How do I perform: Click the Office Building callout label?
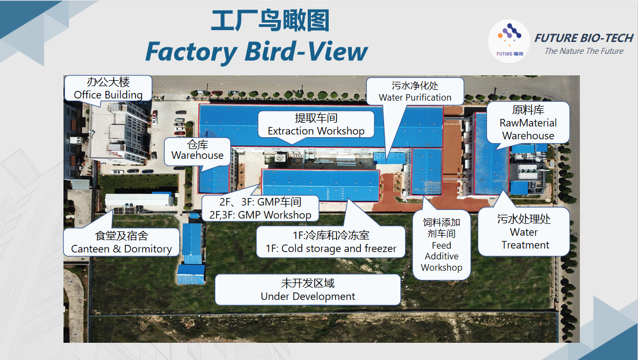(x=108, y=88)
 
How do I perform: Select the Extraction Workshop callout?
(x=316, y=124)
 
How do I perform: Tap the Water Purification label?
(x=415, y=91)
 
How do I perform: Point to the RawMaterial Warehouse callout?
(x=528, y=123)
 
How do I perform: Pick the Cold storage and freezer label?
(x=330, y=242)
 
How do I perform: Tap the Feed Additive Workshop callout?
(x=441, y=245)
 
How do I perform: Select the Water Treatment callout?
(x=524, y=232)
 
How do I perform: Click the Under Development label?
(x=308, y=290)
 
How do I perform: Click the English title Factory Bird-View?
(x=256, y=52)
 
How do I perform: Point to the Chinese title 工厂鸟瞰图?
(x=270, y=21)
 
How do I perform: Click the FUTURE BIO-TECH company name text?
(x=584, y=38)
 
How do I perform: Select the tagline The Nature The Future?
(x=584, y=51)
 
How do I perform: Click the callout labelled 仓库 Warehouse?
(x=197, y=151)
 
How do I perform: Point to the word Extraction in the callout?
(x=290, y=131)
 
